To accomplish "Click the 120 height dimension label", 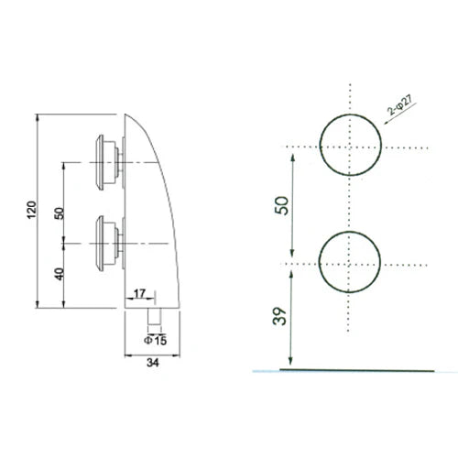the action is click(x=31, y=210).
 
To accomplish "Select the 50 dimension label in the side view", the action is click(x=59, y=213).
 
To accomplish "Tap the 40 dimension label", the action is click(x=60, y=274).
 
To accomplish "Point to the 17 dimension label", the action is click(x=139, y=293).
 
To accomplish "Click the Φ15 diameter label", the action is click(x=156, y=341).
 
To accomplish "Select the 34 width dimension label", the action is click(x=153, y=363).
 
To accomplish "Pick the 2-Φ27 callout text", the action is click(x=399, y=104).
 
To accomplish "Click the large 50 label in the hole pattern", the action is click(x=281, y=205).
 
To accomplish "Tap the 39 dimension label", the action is click(x=280, y=316).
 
